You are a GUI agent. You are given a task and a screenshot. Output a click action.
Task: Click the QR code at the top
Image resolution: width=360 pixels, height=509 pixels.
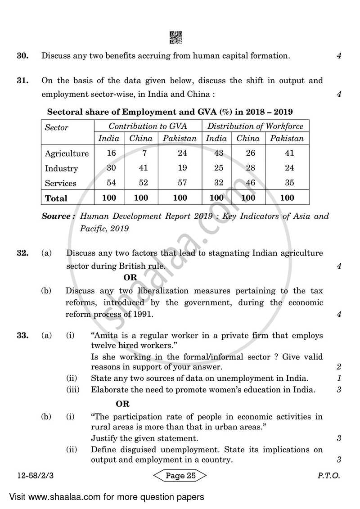coord(176,38)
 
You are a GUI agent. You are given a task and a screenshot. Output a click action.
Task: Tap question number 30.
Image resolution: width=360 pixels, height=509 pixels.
coord(22,56)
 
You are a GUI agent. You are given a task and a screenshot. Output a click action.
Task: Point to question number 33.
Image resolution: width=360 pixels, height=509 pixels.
coord(22,335)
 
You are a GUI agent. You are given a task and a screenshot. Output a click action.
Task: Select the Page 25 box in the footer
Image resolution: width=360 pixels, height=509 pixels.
coord(180,476)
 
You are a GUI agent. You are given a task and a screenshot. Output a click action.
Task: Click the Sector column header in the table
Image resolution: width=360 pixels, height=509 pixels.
coord(57,127)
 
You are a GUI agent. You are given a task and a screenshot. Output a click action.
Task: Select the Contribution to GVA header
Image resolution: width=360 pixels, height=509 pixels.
coord(148,126)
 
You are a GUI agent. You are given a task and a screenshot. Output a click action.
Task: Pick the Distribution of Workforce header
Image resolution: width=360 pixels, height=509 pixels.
coord(255,126)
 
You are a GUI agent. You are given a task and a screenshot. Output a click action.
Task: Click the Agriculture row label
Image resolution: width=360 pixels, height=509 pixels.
coord(67,153)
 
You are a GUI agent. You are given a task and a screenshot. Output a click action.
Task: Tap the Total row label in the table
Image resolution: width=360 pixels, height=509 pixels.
coord(56,198)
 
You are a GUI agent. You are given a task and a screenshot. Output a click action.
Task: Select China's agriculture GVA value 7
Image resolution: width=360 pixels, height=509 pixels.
coord(144,153)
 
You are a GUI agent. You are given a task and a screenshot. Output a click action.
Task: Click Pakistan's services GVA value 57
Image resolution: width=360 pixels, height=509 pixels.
coord(182,183)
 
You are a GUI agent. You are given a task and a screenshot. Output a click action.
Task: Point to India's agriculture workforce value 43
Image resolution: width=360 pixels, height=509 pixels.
coord(219,153)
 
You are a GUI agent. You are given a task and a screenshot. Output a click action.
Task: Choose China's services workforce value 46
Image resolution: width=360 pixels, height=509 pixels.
coord(251,183)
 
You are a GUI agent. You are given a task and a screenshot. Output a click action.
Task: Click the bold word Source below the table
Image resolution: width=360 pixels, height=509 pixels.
coord(58,216)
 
